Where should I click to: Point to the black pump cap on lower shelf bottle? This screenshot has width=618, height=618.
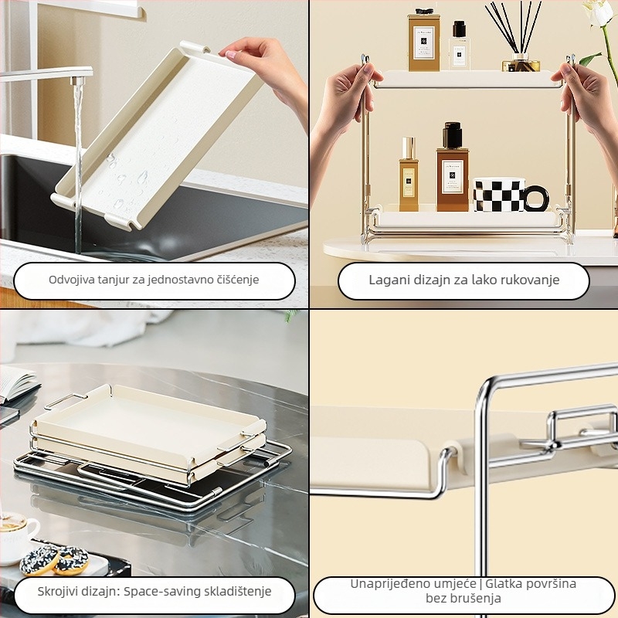(x=452, y=134)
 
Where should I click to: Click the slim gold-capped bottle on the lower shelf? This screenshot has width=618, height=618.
(x=409, y=175)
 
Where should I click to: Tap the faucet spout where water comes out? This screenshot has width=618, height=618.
(x=78, y=81)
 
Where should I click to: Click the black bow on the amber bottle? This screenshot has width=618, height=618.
(x=424, y=12)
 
